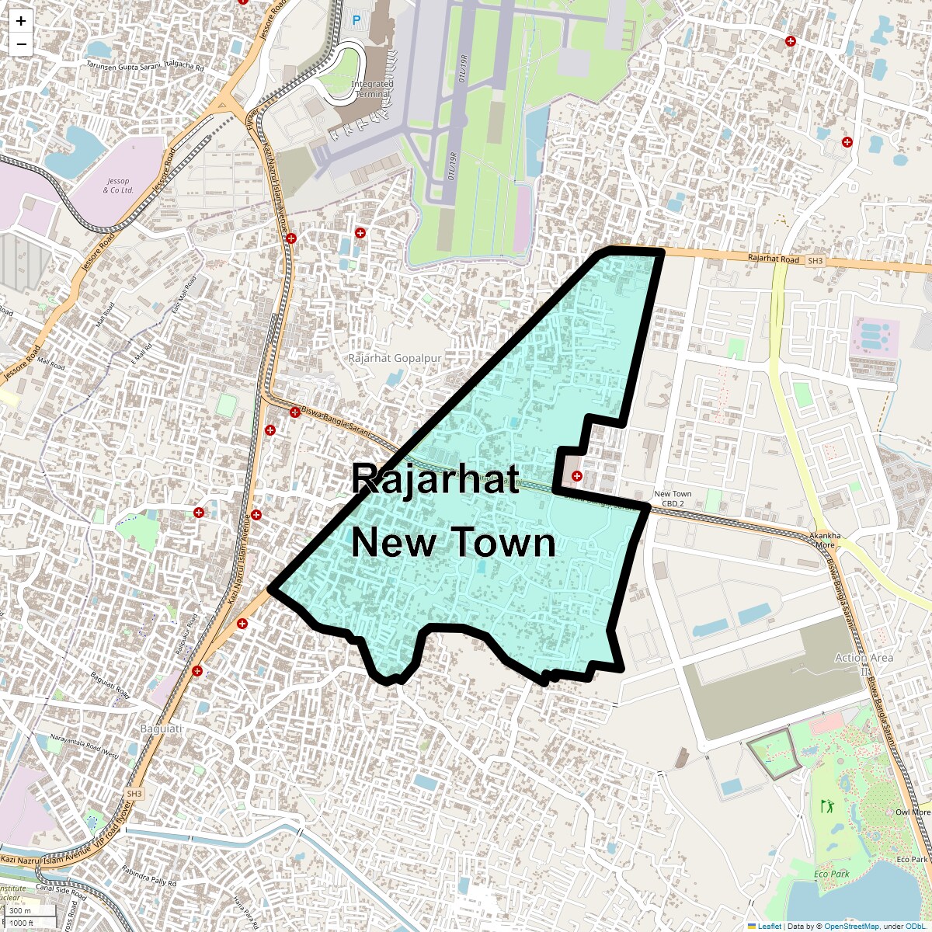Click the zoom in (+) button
point(21,22)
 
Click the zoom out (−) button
point(21,44)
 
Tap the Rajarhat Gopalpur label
point(395,358)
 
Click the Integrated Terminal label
point(373,89)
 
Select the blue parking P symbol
point(356,20)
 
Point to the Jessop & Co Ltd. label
point(118,186)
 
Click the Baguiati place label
point(161,729)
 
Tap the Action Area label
point(864,658)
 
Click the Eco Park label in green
point(832,874)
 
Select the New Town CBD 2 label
point(673,499)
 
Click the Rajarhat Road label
point(773,259)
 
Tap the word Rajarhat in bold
point(435,478)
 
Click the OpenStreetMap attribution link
point(851,927)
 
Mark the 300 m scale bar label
point(20,911)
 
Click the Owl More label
point(912,812)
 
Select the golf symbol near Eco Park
point(826,806)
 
